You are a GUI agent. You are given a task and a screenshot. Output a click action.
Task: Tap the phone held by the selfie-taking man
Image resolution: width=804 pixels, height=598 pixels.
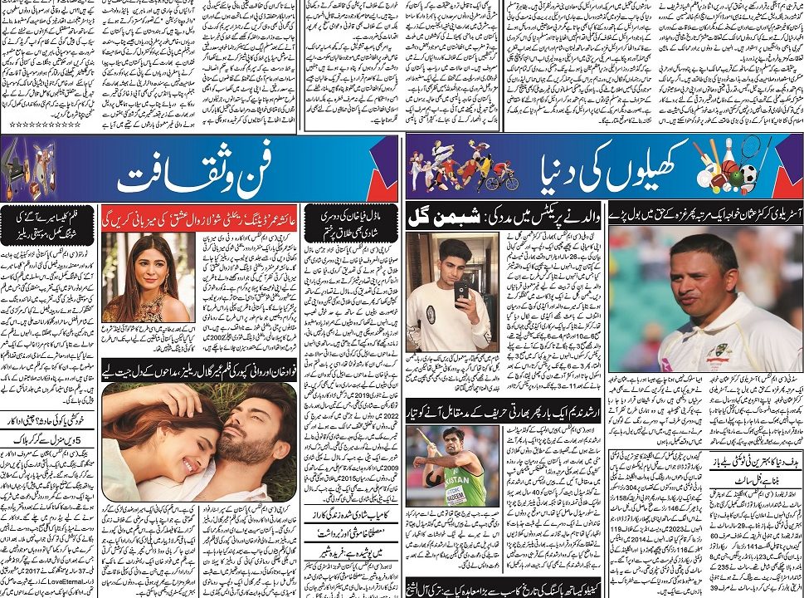point(461,288)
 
